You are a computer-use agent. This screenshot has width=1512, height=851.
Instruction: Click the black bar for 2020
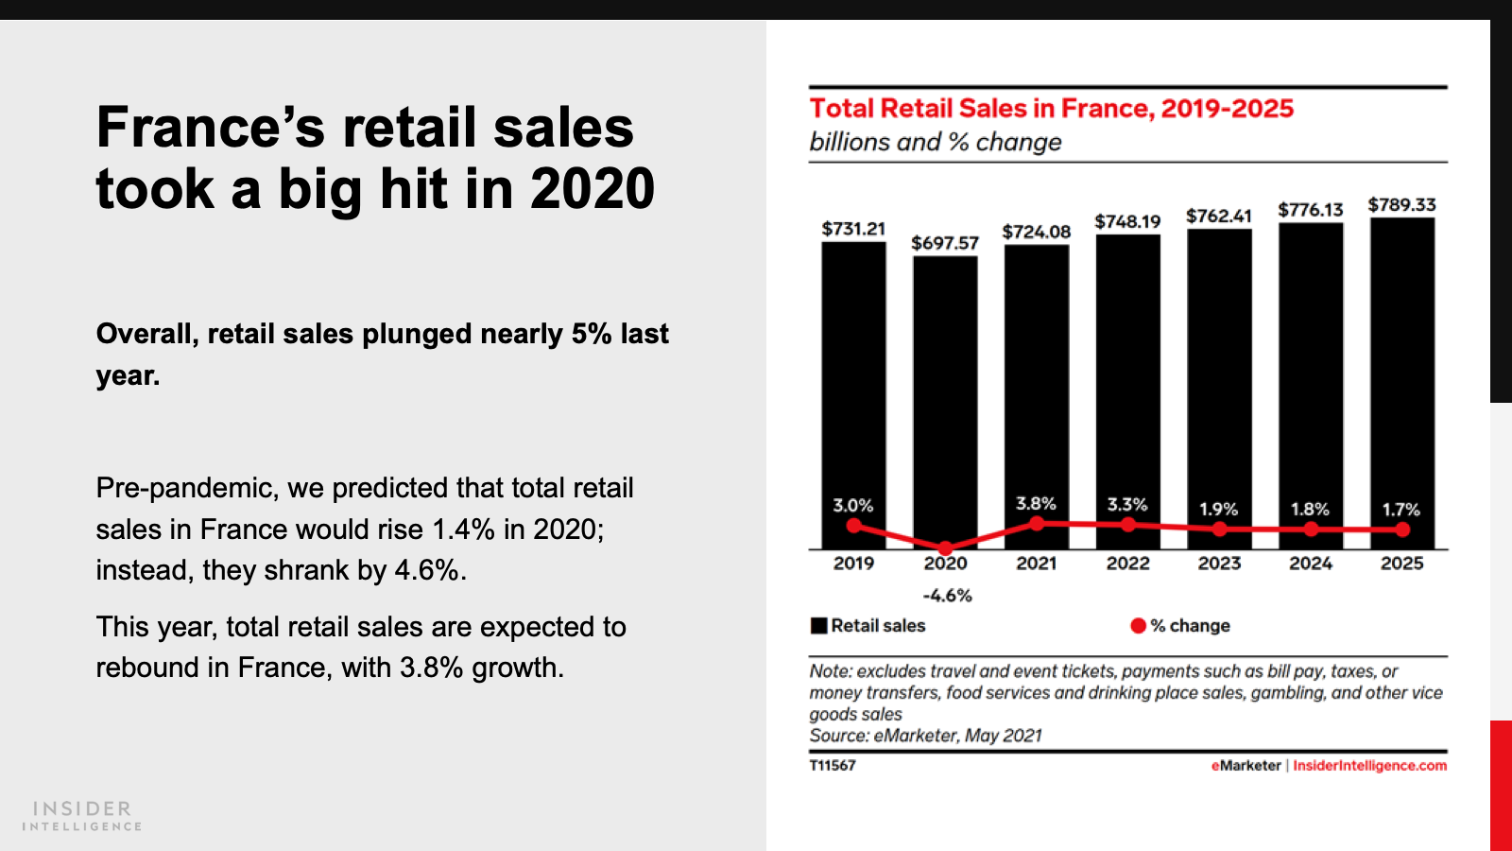945,397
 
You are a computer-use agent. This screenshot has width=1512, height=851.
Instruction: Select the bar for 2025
1402,378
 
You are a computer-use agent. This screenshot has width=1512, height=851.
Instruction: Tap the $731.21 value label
853,229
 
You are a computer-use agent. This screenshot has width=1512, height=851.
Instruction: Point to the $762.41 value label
1219,216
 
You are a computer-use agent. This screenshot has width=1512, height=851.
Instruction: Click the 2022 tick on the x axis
1128,564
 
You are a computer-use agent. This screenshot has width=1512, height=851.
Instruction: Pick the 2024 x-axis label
1311,564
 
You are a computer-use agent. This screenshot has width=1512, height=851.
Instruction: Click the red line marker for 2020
945,547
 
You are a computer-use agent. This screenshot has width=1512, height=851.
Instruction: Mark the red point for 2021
1037,523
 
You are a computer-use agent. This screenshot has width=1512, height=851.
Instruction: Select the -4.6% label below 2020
947,596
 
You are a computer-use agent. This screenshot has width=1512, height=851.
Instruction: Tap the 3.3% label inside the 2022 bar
1127,505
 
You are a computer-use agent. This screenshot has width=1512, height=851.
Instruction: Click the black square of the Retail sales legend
818,625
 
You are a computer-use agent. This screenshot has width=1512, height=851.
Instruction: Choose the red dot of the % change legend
1138,625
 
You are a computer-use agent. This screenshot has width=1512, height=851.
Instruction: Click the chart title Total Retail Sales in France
1051,109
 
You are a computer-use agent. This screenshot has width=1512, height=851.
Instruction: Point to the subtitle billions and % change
936,142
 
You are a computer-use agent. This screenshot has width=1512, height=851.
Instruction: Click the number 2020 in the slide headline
593,189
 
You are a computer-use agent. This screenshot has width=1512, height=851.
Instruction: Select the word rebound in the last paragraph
147,668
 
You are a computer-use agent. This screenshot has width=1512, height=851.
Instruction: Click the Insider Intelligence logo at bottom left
82,815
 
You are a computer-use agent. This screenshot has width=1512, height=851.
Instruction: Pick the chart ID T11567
833,766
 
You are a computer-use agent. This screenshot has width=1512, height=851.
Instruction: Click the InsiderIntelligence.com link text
1369,766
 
